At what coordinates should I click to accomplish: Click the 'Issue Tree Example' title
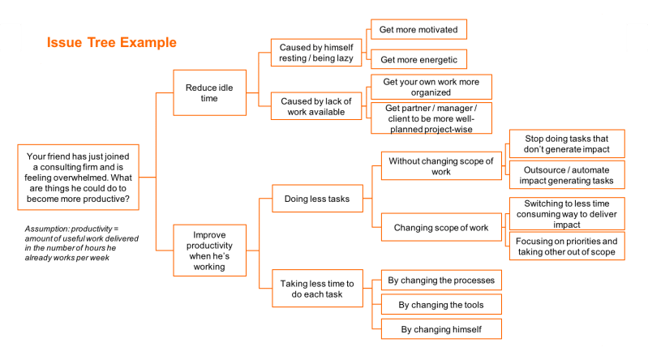[x=112, y=42]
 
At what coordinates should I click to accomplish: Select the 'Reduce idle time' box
[x=209, y=92]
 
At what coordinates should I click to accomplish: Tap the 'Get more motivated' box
[x=418, y=29]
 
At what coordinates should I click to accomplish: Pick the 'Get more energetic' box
[x=418, y=59]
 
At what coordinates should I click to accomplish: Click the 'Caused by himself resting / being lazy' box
[x=316, y=53]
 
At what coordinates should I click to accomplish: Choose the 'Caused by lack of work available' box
[x=316, y=106]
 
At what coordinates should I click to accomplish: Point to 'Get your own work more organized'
[x=431, y=87]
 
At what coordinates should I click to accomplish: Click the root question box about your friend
[x=78, y=178]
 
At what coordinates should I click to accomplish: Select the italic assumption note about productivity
[x=81, y=243]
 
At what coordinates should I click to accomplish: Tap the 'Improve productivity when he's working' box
[x=209, y=251]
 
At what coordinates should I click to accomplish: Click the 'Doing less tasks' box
[x=317, y=199]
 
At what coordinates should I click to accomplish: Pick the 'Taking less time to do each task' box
[x=317, y=289]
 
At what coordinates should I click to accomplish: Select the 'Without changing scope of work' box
[x=441, y=166]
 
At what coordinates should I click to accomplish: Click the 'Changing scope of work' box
[x=441, y=227]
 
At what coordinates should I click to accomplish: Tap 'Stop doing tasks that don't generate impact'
[x=567, y=144]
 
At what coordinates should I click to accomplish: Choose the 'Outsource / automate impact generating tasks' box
[x=567, y=175]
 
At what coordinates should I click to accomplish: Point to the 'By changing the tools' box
[x=441, y=305]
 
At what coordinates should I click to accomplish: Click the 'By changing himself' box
[x=441, y=329]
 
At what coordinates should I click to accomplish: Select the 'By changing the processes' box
[x=441, y=281]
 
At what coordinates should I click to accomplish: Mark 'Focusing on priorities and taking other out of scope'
[x=567, y=246]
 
